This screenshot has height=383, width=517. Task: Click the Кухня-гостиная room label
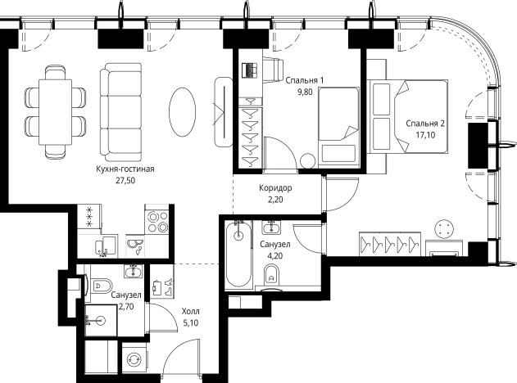point(125,169)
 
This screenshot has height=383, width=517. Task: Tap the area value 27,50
point(125,181)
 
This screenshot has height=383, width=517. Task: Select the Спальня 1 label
point(305,80)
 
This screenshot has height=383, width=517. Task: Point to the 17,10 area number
point(425,135)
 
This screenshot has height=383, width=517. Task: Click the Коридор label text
point(275,188)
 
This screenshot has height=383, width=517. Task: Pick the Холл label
point(191,311)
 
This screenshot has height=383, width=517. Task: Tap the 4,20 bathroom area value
point(275,255)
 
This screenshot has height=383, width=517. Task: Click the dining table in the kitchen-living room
point(56,112)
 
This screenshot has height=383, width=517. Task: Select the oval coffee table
point(182,111)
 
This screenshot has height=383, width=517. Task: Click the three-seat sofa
point(121,111)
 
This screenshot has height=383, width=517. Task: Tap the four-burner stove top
point(157,223)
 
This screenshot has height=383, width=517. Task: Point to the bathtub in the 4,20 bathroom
point(238,254)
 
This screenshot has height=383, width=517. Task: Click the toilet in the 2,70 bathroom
point(101,285)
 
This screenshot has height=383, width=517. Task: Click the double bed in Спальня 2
point(408,116)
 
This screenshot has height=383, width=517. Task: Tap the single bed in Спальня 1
point(338,127)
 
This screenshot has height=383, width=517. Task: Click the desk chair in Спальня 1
point(273,70)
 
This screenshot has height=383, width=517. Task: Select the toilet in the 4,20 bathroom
point(272,273)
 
